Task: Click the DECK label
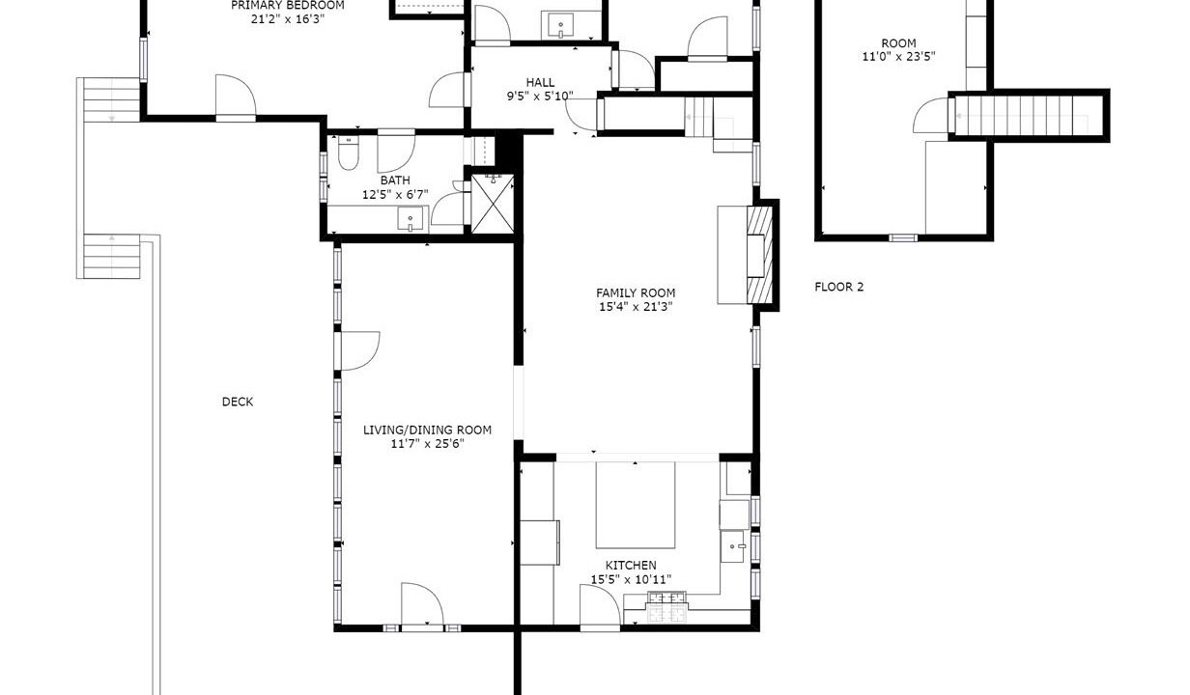pyautogui.click(x=238, y=402)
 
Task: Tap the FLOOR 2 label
pyautogui.click(x=838, y=287)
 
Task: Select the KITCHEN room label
pyautogui.click(x=631, y=565)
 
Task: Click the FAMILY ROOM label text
pyautogui.click(x=636, y=292)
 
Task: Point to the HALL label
pyautogui.click(x=540, y=82)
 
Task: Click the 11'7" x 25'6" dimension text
pyautogui.click(x=427, y=443)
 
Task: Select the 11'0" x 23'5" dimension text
pyautogui.click(x=898, y=56)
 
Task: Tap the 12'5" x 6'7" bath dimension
pyautogui.click(x=395, y=194)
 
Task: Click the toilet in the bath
pyautogui.click(x=348, y=153)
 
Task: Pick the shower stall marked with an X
pyautogui.click(x=493, y=204)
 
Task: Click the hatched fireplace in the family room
pyautogui.click(x=759, y=255)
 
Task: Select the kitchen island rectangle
pyautogui.click(x=635, y=505)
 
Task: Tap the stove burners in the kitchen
pyautogui.click(x=666, y=606)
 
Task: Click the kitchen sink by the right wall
pyautogui.click(x=732, y=546)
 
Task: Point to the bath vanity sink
pyautogui.click(x=411, y=219)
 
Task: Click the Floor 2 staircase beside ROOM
pyautogui.click(x=1028, y=115)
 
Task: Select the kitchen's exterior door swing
pyautogui.click(x=600, y=605)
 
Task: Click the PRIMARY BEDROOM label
pyautogui.click(x=288, y=6)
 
